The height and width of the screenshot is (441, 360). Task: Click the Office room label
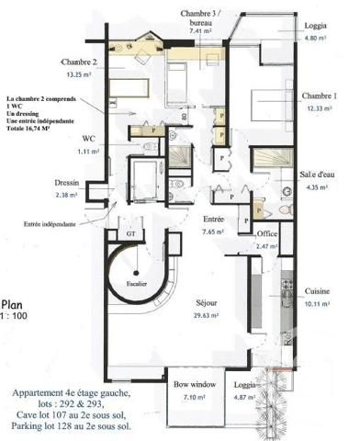click(x=267, y=234)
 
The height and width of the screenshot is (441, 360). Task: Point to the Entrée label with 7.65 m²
click(x=213, y=220)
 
